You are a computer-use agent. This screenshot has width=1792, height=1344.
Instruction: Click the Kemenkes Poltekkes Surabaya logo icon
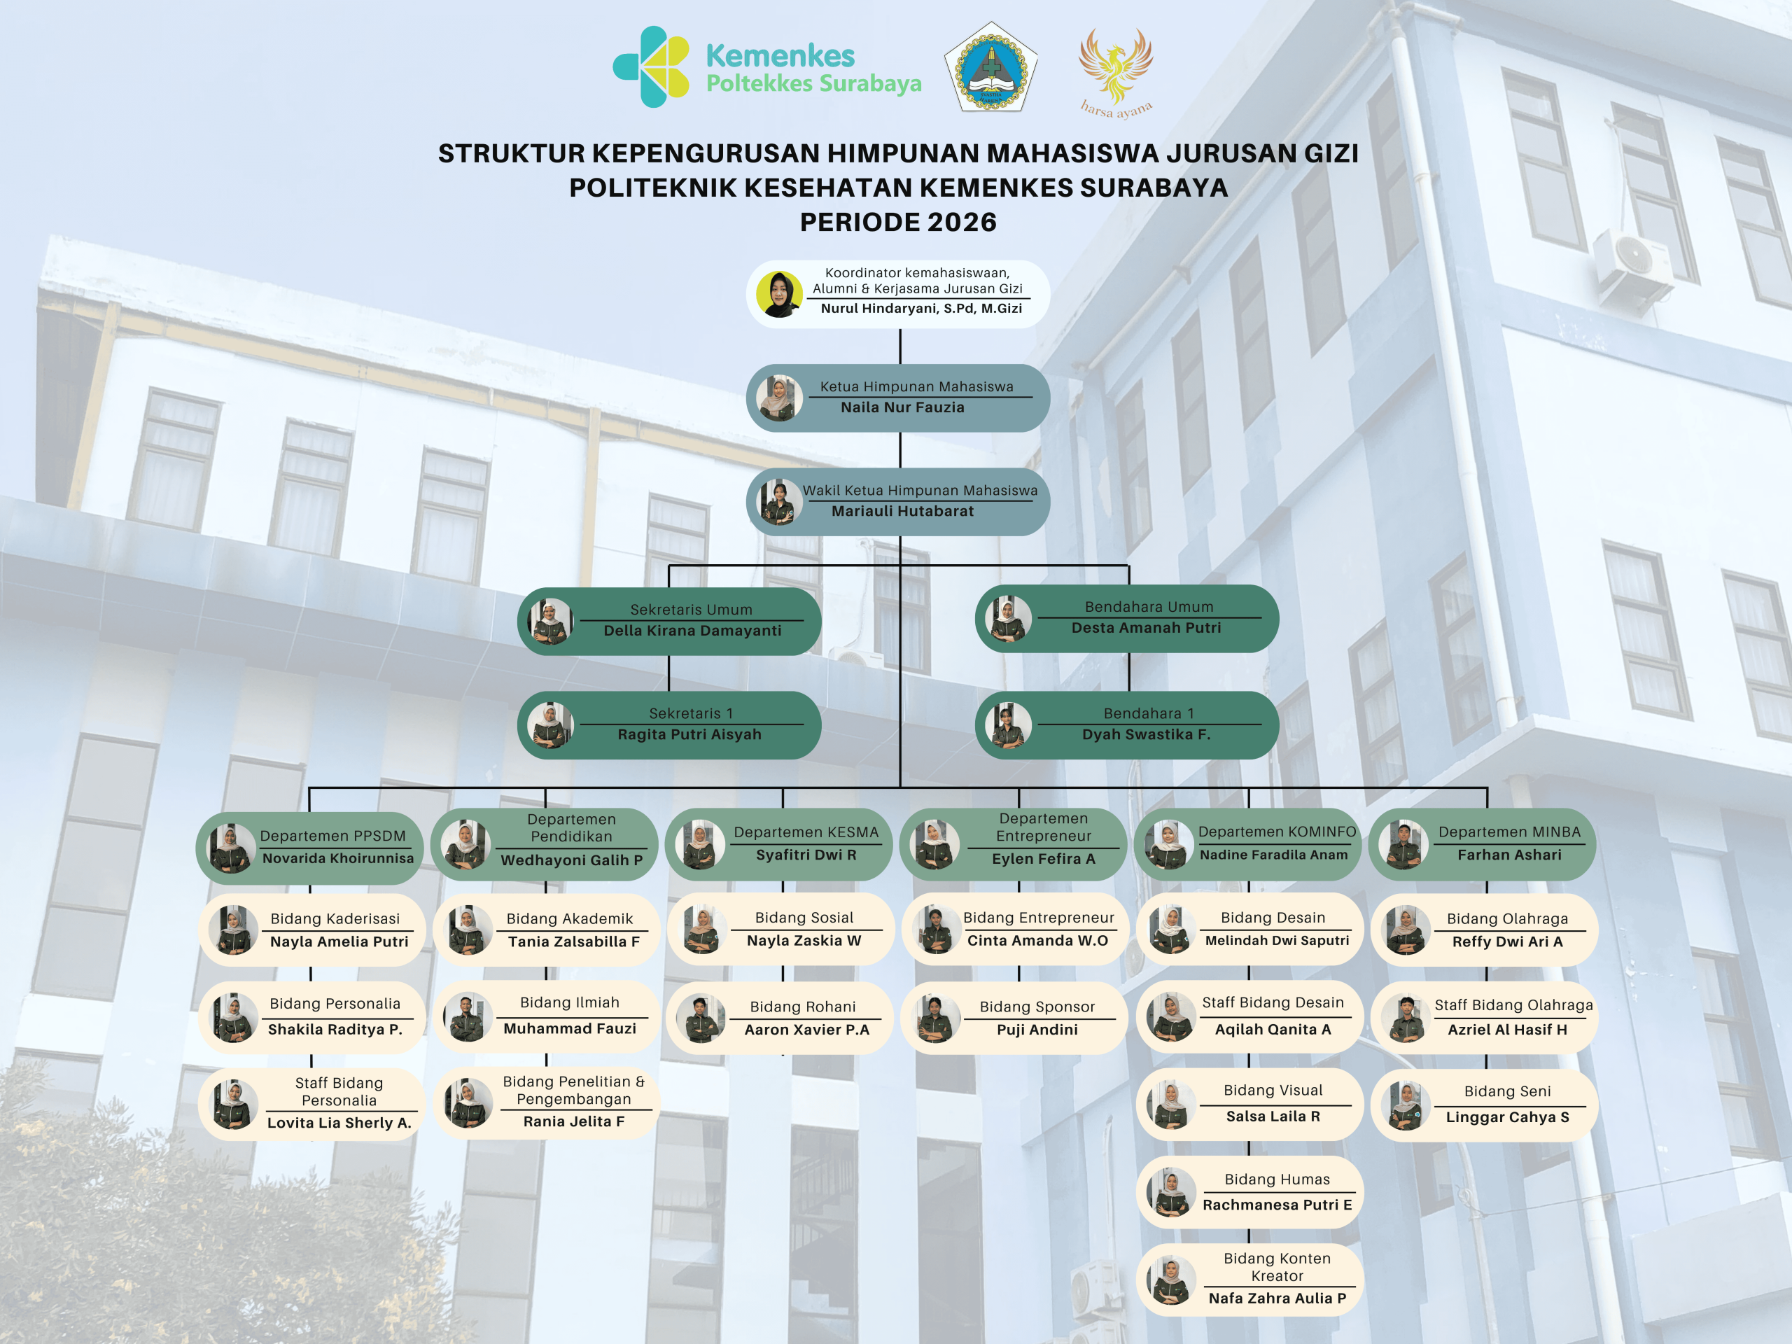tap(650, 66)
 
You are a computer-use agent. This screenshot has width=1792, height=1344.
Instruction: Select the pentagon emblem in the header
tap(990, 67)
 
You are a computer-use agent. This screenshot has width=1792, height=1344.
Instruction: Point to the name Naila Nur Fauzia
tap(902, 407)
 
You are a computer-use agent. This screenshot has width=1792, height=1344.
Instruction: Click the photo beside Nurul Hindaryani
tap(779, 294)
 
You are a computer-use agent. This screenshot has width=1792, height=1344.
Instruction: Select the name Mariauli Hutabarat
tap(902, 511)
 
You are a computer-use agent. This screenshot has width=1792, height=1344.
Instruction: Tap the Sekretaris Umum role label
tap(691, 609)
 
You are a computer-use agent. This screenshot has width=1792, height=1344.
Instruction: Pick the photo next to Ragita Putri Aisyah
tap(550, 725)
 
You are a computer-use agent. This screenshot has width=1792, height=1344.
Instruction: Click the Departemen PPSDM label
tap(333, 836)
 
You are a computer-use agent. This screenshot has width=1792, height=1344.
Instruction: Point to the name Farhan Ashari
tap(1509, 855)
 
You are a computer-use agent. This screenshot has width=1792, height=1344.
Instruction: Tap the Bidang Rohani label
tap(803, 1007)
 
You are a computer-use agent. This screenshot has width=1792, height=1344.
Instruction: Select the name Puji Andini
tap(1037, 1030)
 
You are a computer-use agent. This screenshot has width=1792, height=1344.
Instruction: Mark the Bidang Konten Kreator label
tap(1277, 1267)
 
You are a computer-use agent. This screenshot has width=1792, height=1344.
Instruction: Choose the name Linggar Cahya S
tap(1508, 1117)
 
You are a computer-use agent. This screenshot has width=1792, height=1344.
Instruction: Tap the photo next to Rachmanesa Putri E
tap(1171, 1193)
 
